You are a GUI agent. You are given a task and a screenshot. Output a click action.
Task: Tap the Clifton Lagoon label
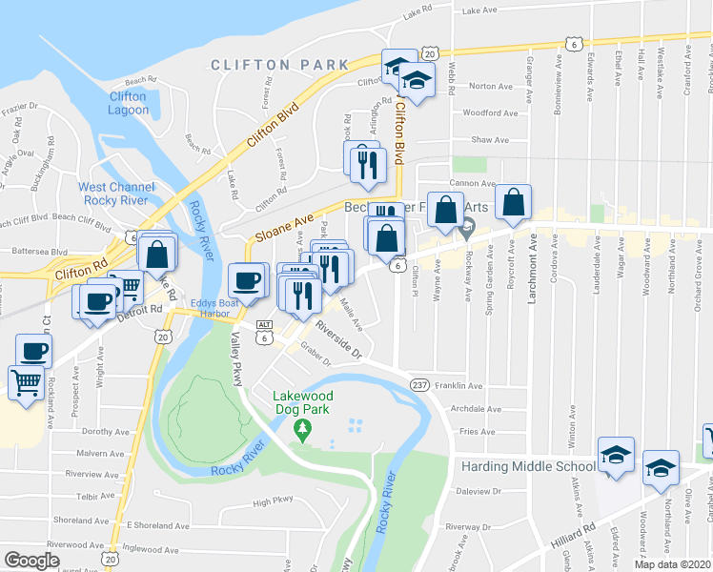pyautogui.click(x=128, y=103)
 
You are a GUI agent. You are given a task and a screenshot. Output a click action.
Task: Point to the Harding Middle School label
pyautogui.click(x=528, y=467)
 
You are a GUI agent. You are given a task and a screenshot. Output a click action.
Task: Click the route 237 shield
pyautogui.click(x=418, y=384)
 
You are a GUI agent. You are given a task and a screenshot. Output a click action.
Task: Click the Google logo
pyautogui.click(x=31, y=561)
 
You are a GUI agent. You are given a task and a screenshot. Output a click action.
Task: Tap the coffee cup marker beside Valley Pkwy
pyautogui.click(x=247, y=281)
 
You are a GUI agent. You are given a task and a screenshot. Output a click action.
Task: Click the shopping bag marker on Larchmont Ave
pyautogui.click(x=513, y=202)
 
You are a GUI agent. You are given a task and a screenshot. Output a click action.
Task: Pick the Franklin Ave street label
pyautogui.click(x=460, y=385)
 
